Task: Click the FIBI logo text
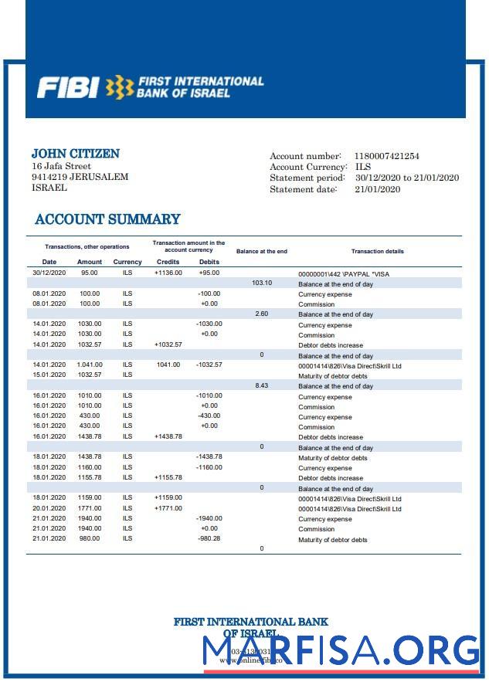(68, 87)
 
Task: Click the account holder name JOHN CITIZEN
(75, 154)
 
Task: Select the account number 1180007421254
(386, 156)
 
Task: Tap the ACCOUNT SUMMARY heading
(107, 219)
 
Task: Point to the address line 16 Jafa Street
(61, 166)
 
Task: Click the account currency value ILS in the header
(362, 167)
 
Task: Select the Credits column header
(168, 262)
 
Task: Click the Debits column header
(209, 262)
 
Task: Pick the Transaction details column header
(377, 251)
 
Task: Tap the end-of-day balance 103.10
(262, 283)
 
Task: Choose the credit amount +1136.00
(168, 273)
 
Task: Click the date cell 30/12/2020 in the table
(49, 273)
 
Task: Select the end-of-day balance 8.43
(262, 385)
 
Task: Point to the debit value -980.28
(209, 538)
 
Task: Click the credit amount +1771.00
(168, 507)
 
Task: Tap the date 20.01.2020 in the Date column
(49, 507)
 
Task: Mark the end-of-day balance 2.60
(262, 314)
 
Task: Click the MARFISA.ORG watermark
(341, 650)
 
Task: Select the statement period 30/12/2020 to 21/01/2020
(406, 178)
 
